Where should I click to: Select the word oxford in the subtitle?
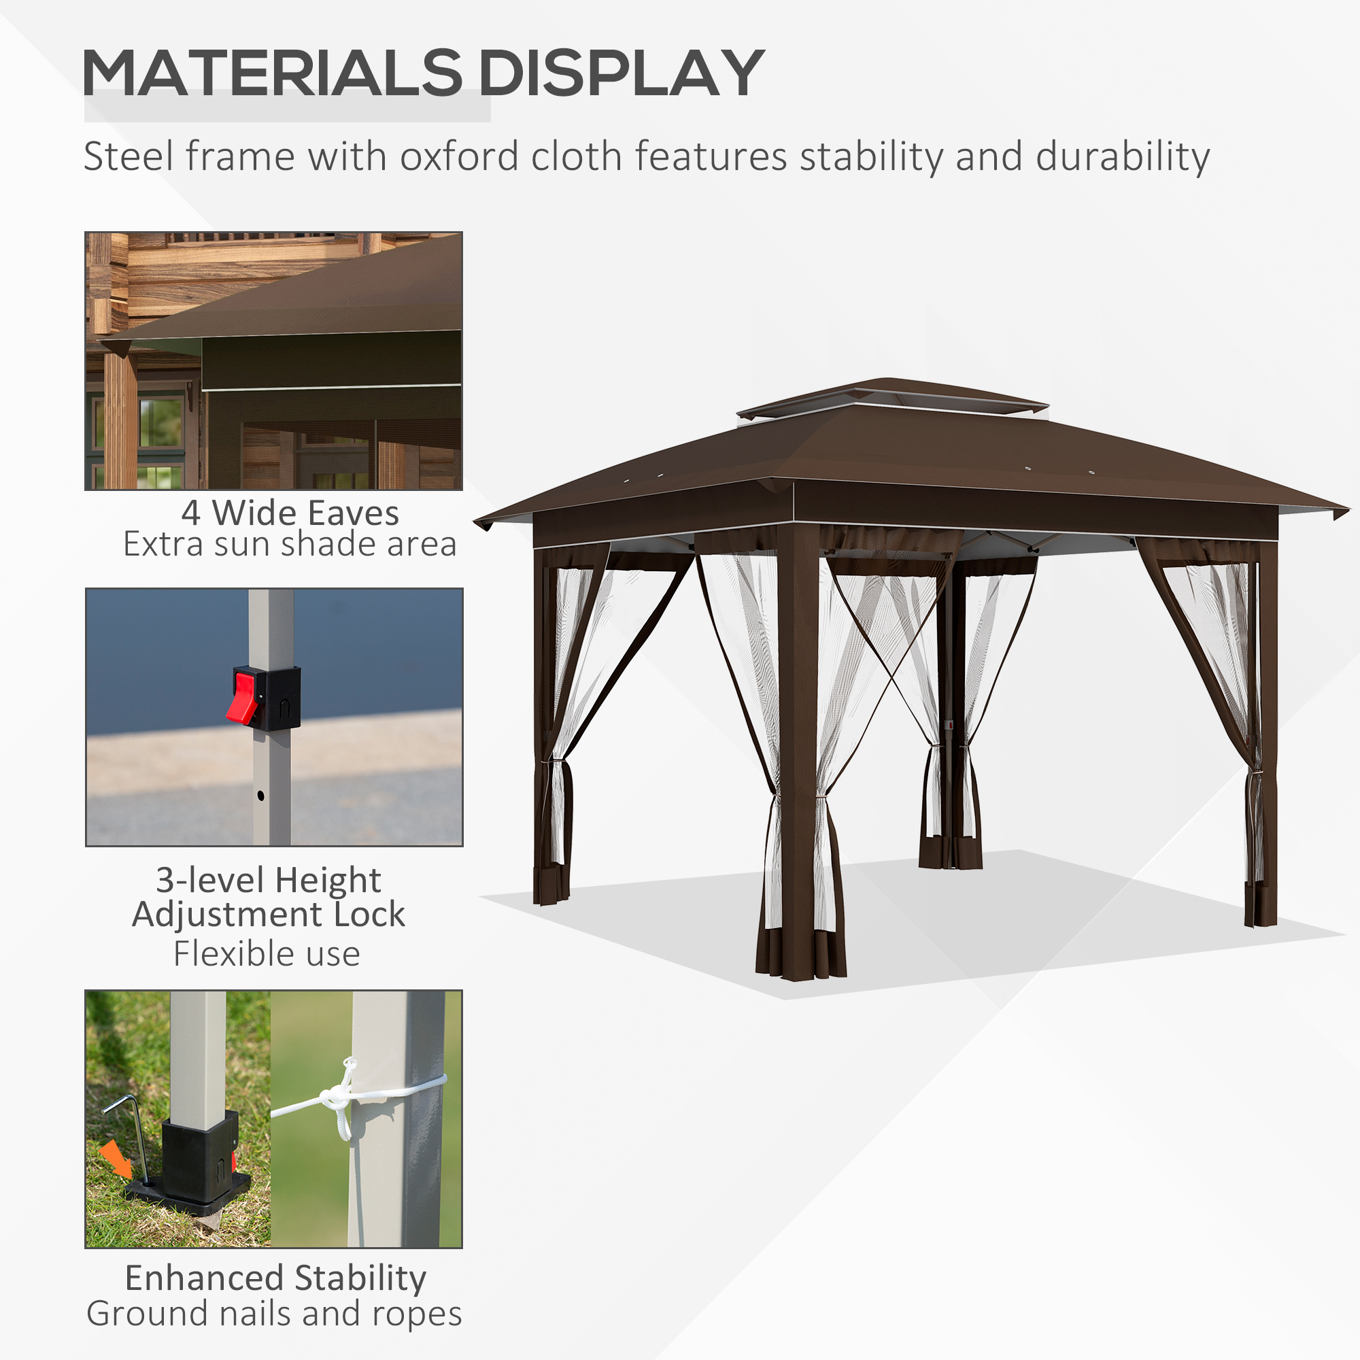(x=459, y=156)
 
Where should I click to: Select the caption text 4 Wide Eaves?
(x=290, y=513)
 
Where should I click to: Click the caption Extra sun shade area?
(x=290, y=544)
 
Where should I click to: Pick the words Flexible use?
(x=267, y=954)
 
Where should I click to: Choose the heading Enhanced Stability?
(x=275, y=1278)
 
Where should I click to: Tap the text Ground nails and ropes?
(x=274, y=1314)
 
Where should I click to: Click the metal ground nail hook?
(x=131, y=1126)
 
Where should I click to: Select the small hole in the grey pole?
(x=260, y=796)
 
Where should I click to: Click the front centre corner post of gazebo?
(x=798, y=739)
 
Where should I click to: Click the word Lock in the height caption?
(x=369, y=915)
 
